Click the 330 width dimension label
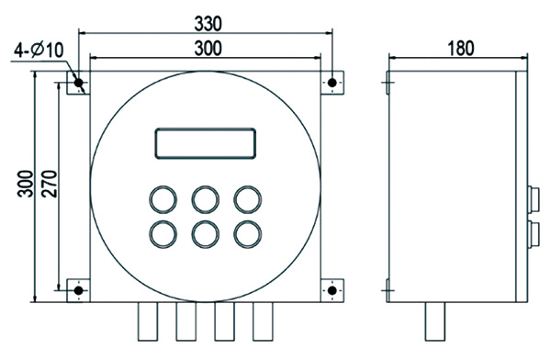[x=208, y=24]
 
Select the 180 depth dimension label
[x=460, y=48]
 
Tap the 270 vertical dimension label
[x=49, y=184]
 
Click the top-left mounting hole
[x=78, y=83]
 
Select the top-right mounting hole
[x=332, y=83]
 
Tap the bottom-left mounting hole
[x=78, y=291]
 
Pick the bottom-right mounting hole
[x=332, y=291]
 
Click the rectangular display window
[x=205, y=143]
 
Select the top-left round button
[x=163, y=199]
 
